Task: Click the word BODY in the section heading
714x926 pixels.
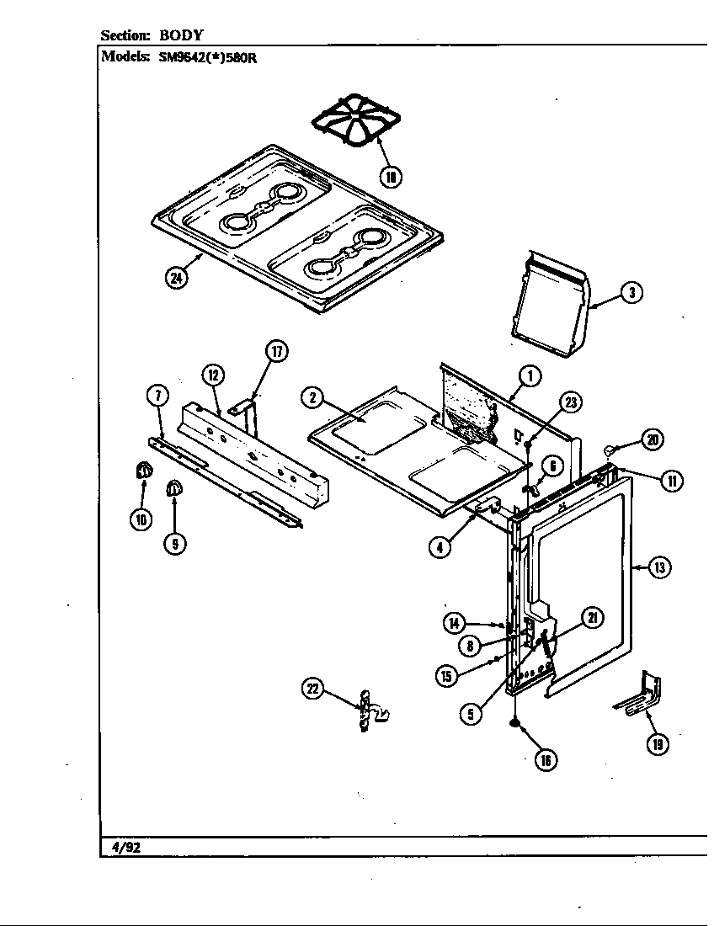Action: [181, 35]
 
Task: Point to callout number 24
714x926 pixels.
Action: [176, 279]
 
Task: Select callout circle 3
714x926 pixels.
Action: [631, 293]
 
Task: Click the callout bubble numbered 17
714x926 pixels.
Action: [277, 351]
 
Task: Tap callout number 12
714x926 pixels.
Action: [212, 375]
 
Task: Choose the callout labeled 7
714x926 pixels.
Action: [157, 395]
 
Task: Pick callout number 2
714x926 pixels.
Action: [312, 398]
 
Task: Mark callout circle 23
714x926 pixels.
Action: [571, 402]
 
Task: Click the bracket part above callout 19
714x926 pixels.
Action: [639, 695]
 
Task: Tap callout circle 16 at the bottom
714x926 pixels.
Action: [546, 759]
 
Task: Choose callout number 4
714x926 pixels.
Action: [439, 545]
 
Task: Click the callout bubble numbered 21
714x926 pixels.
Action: [592, 618]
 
